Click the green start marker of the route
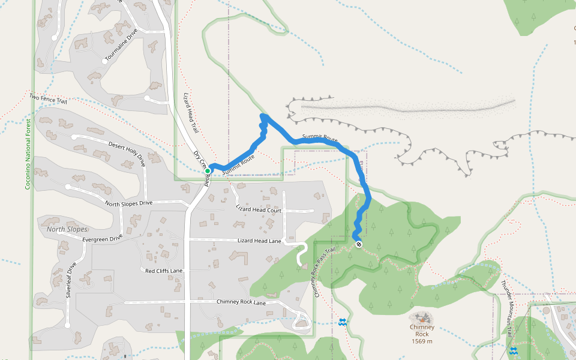(x=208, y=171)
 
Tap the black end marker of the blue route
(x=358, y=244)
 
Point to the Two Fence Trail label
(x=48, y=99)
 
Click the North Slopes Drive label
(x=129, y=203)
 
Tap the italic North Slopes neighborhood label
(x=67, y=229)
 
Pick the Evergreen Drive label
(x=102, y=239)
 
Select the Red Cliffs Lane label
(x=164, y=271)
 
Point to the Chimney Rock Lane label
(x=241, y=302)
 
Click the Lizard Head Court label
(x=259, y=210)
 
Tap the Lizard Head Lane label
(x=259, y=241)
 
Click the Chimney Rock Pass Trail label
(x=323, y=273)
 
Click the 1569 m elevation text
(x=422, y=341)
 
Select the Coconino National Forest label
(x=27, y=154)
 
